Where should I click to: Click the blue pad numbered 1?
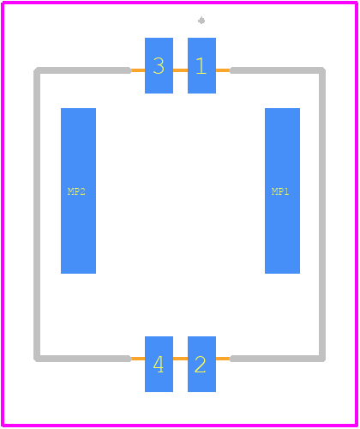(x=201, y=65)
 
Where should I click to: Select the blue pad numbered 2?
(x=201, y=364)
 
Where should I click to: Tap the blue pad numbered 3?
(x=159, y=65)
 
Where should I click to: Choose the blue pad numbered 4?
(x=159, y=364)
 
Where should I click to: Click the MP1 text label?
(x=280, y=191)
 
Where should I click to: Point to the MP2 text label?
(x=76, y=191)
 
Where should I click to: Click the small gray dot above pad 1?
(x=201, y=21)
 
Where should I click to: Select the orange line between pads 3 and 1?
(x=180, y=70)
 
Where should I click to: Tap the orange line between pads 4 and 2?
(x=180, y=359)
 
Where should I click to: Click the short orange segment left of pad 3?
(x=138, y=70)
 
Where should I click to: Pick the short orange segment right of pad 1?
(x=223, y=70)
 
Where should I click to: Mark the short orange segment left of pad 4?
(x=138, y=359)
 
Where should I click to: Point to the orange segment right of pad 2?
(x=223, y=359)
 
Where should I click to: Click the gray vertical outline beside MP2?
(x=37, y=214)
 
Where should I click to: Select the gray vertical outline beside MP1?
(x=322, y=214)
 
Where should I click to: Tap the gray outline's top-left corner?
(x=37, y=70)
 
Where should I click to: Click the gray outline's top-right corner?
(x=322, y=70)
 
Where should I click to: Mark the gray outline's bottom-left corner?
(x=37, y=359)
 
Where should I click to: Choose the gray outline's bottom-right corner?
(x=322, y=359)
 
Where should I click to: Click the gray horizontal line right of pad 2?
(x=278, y=359)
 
